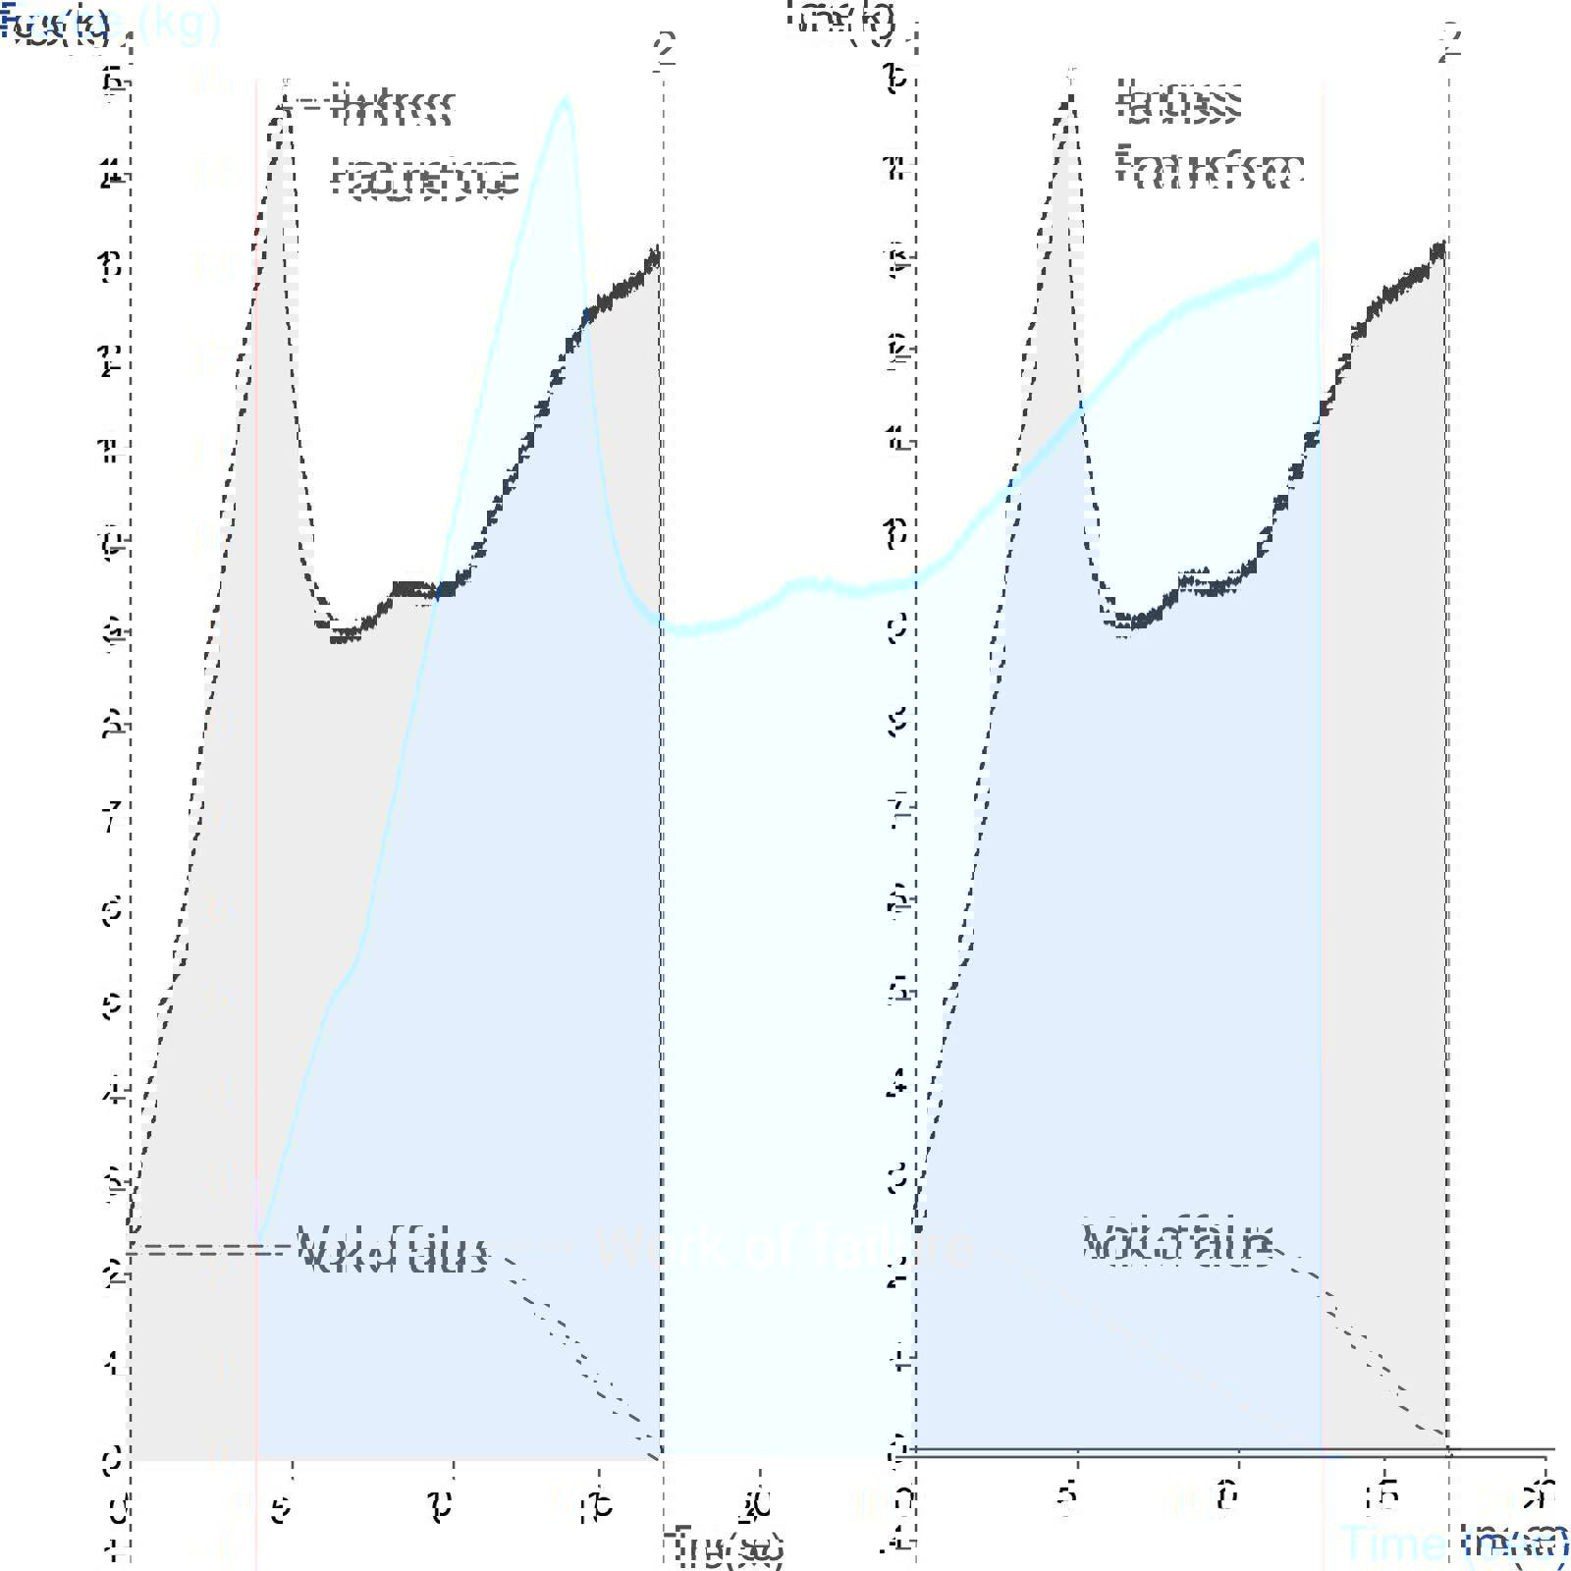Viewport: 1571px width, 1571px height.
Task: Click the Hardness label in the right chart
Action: tap(1178, 102)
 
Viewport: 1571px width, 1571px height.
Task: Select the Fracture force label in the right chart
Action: tap(1210, 169)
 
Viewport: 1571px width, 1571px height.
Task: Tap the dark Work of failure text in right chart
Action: tap(1176, 1242)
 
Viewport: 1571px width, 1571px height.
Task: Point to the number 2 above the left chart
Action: tap(666, 47)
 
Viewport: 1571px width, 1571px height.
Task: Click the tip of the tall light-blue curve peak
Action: tap(565, 99)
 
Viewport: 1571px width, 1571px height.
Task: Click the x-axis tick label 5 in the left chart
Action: tap(282, 1508)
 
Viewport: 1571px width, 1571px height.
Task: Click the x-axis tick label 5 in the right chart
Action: tap(1067, 1500)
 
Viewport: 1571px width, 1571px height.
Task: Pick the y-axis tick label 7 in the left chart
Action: tap(113, 817)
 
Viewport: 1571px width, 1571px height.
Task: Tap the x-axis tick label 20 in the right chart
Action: tap(1539, 1498)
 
